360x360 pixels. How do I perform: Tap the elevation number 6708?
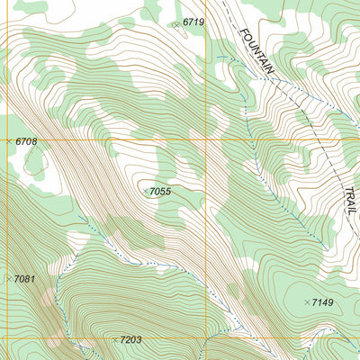coord(26,142)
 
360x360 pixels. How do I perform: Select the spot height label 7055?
coord(160,192)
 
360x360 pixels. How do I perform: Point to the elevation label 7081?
coord(24,280)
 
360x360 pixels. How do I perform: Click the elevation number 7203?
coord(130,340)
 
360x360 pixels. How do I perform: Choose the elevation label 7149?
coord(322,302)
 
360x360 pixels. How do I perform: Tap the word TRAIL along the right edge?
coord(349,201)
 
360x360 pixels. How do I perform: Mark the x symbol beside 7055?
coord(146,191)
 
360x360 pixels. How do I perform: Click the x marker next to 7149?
coord(307,301)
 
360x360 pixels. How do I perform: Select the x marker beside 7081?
coord(9,279)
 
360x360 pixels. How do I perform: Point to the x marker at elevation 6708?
coord(9,141)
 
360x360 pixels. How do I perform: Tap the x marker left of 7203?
coord(114,339)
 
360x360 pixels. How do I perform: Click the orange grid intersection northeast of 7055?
coord(208,140)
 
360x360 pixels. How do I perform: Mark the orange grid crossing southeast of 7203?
coord(208,339)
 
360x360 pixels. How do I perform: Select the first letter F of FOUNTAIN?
coord(244,32)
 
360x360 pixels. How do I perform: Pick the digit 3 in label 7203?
coord(139,340)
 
